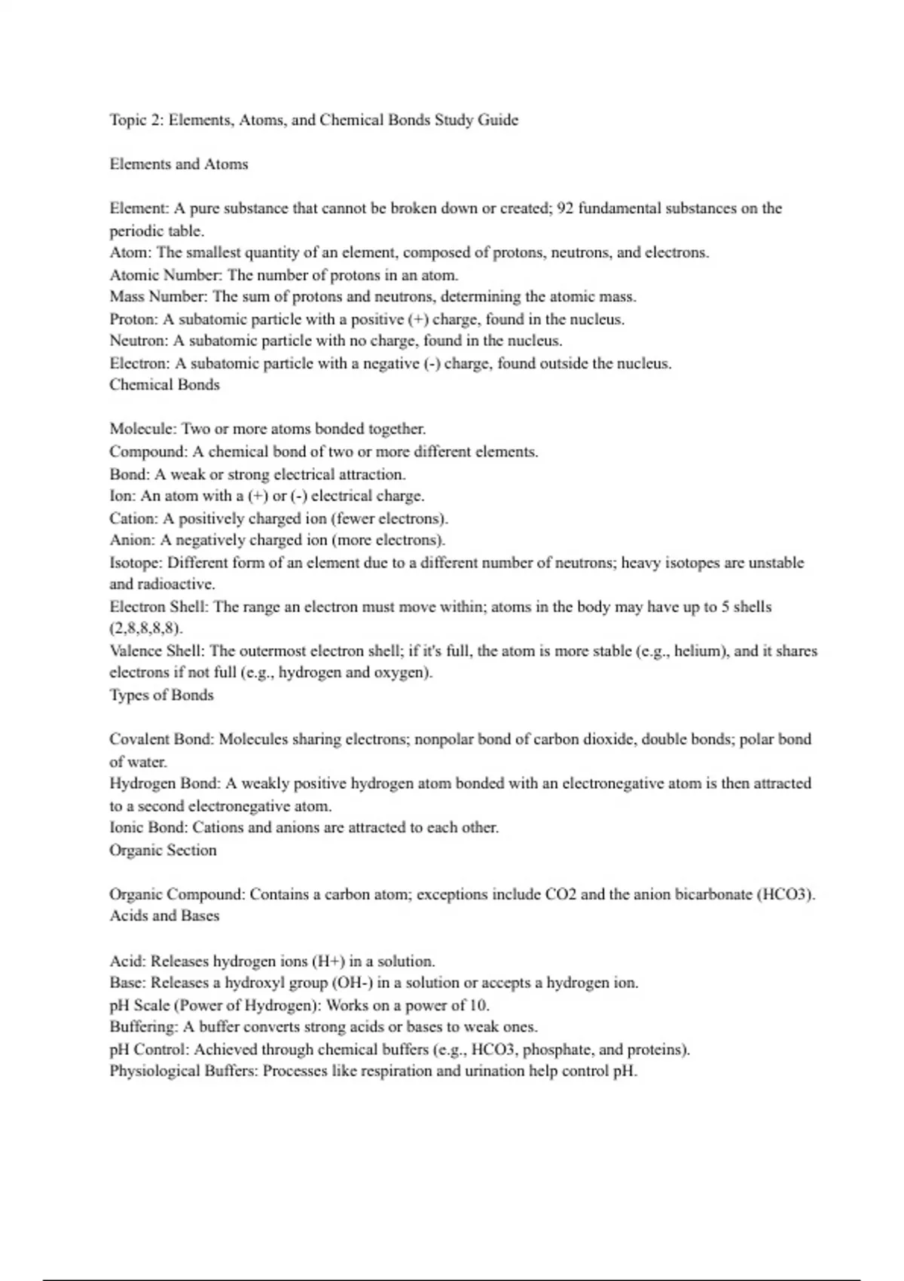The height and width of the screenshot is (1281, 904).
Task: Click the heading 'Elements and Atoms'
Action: tap(179, 164)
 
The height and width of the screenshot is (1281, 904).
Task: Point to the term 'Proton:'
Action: tap(134, 319)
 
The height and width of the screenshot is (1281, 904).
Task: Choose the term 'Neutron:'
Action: tap(139, 341)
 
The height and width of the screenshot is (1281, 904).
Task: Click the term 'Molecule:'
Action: tap(143, 430)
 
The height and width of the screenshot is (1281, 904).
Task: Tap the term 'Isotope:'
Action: tap(136, 563)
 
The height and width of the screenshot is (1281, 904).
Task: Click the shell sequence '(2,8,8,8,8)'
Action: tap(146, 628)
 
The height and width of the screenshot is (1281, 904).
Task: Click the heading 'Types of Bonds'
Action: tap(161, 696)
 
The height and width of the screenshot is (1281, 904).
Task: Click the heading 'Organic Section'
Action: tap(163, 850)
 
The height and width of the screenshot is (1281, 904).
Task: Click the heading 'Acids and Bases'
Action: tap(164, 916)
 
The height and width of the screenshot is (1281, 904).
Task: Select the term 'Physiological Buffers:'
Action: tap(184, 1072)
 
